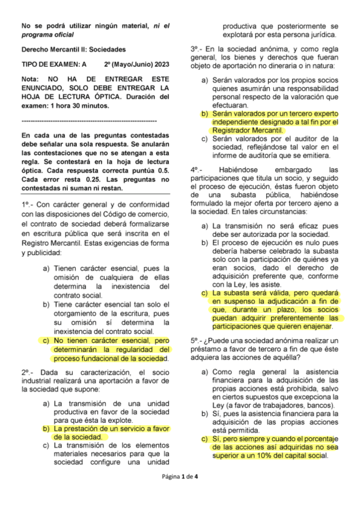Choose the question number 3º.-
click(x=198, y=48)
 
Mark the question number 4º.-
click(x=198, y=169)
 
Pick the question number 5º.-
click(x=198, y=340)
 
